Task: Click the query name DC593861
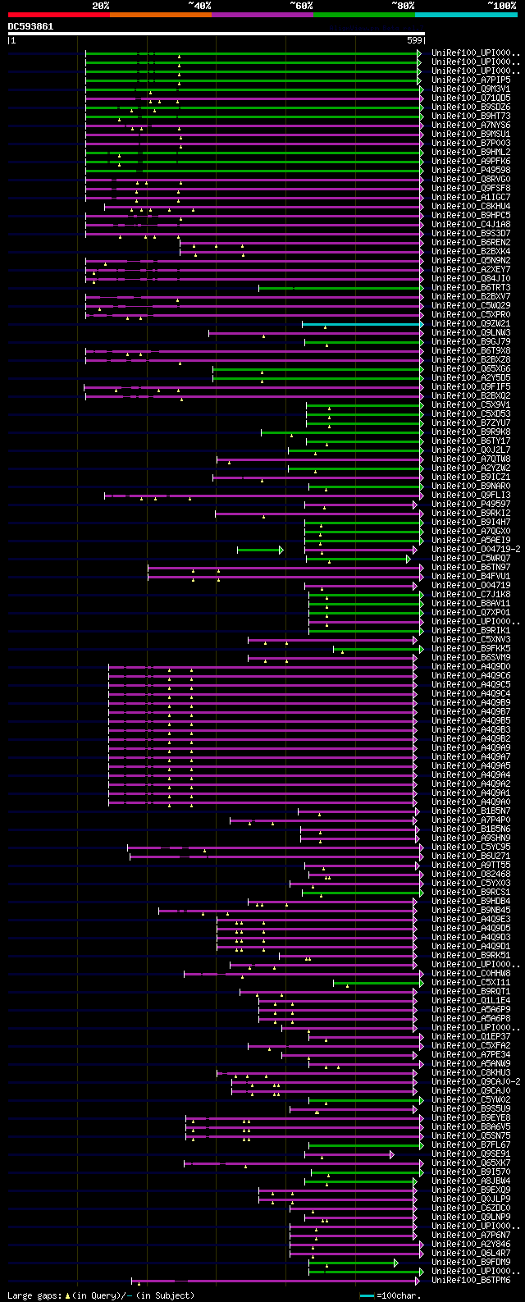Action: [x=31, y=26]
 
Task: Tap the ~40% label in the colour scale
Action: [x=199, y=5]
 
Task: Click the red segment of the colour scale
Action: [x=58, y=15]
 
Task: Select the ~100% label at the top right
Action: [x=502, y=5]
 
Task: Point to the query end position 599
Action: [x=414, y=39]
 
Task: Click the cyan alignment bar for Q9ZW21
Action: [x=361, y=324]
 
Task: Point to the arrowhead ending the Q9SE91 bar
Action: [x=392, y=1154]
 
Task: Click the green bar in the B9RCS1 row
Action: [x=361, y=893]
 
